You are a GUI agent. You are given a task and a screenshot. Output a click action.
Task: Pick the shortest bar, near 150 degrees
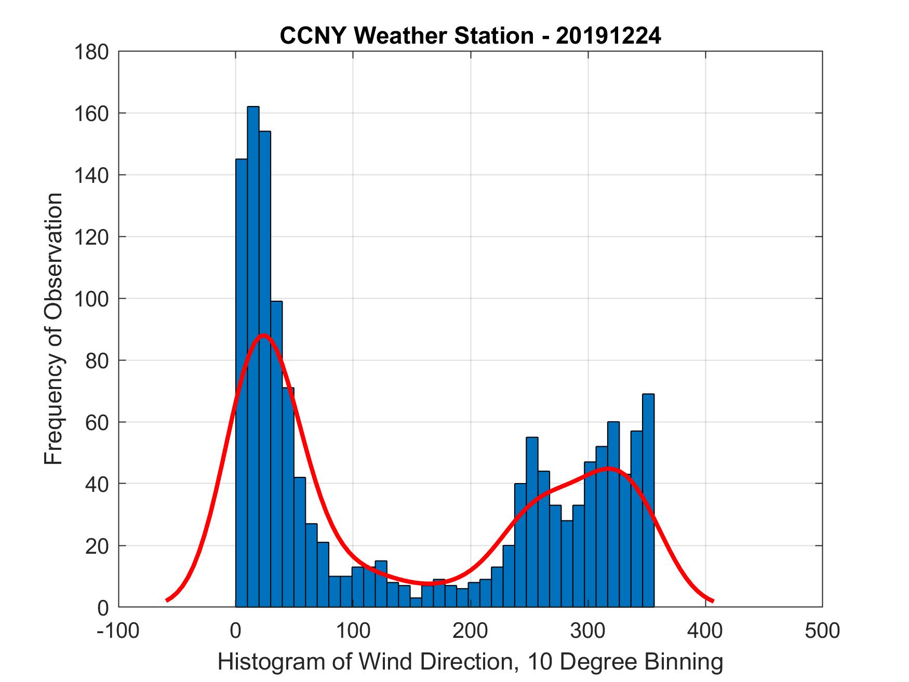click(416, 602)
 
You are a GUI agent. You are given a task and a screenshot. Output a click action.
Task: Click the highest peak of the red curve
click(263, 335)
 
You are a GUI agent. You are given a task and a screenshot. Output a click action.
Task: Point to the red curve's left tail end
click(167, 600)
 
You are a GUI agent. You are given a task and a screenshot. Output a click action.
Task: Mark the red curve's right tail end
click(713, 601)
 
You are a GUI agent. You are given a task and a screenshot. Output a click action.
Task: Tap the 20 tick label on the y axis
click(97, 546)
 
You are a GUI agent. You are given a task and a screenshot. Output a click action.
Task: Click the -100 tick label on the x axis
click(118, 631)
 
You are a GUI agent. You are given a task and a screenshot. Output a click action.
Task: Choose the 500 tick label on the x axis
click(822, 631)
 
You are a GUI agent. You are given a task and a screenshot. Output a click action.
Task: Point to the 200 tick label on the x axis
click(470, 631)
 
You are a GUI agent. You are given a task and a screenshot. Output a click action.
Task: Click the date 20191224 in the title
click(608, 36)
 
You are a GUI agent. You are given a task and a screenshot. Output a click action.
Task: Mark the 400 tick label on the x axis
click(705, 631)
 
